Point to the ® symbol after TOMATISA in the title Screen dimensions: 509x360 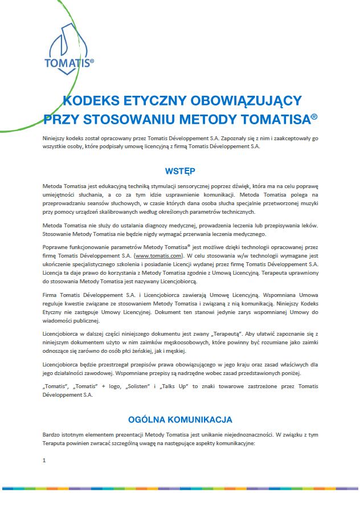coord(314,116)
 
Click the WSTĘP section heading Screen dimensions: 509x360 coord(180,170)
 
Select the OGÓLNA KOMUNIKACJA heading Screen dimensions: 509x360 coord(180,420)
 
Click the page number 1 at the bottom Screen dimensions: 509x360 coord(44,460)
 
